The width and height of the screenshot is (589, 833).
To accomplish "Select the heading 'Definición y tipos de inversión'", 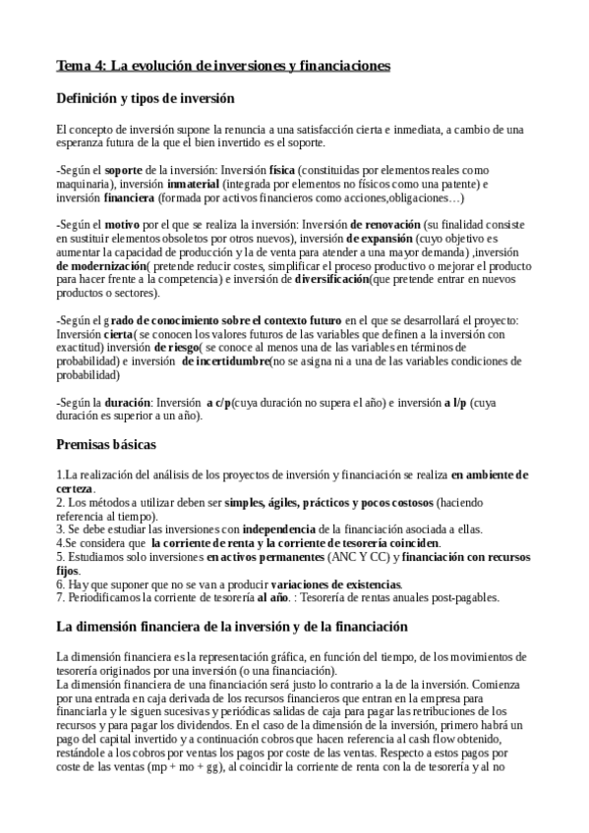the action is pyautogui.click(x=145, y=98).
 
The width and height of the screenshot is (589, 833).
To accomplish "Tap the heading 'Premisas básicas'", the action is pyautogui.click(x=110, y=445).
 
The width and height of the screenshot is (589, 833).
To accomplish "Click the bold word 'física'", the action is pyautogui.click(x=282, y=170).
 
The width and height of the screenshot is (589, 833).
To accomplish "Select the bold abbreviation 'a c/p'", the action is pyautogui.click(x=220, y=403).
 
